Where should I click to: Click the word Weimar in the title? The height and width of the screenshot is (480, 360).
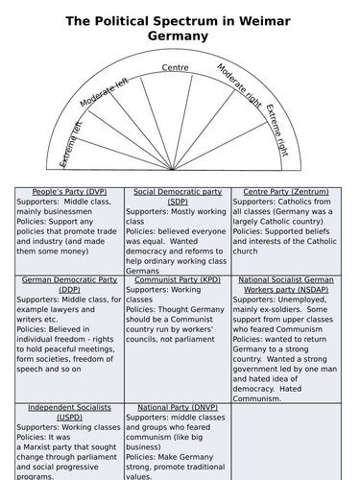tap(265, 19)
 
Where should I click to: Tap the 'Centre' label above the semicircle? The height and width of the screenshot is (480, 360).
tap(176, 67)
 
